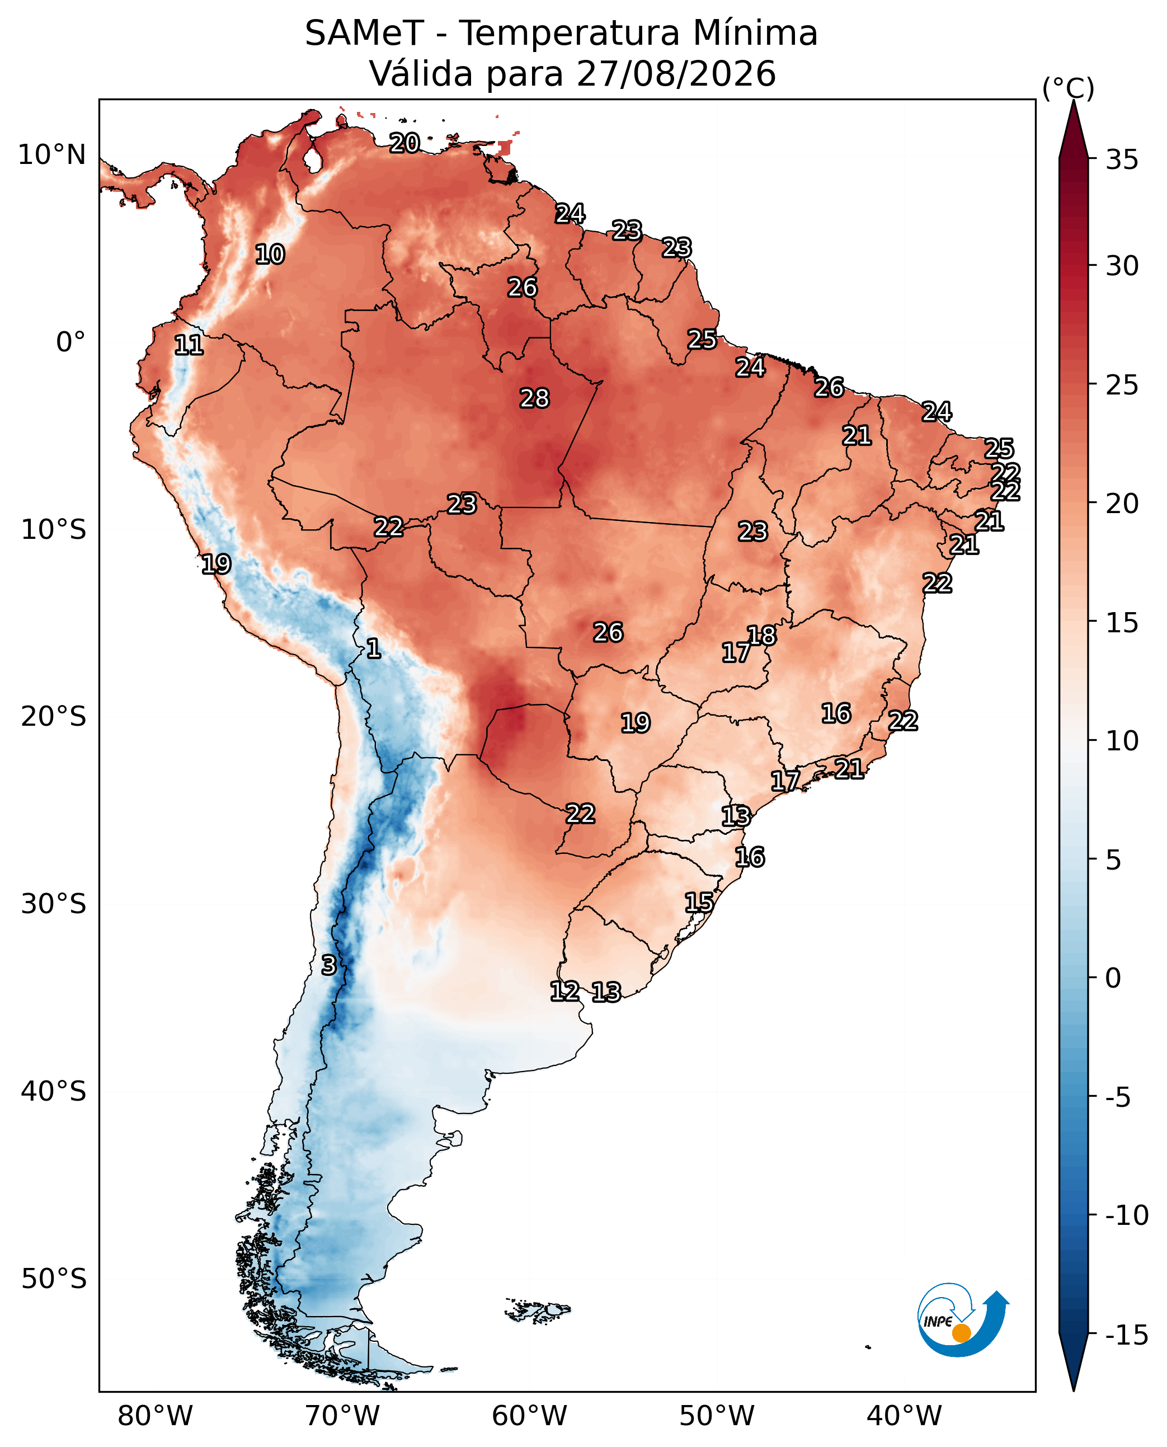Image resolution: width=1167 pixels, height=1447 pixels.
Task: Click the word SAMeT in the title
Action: click(x=364, y=33)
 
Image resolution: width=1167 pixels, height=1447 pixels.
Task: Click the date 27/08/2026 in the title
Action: click(x=676, y=73)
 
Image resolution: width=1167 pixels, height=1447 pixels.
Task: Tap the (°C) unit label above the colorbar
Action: click(x=1068, y=89)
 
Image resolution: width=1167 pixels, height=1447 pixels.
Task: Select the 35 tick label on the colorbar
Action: click(x=1122, y=160)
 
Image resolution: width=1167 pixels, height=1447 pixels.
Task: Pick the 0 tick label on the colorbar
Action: click(x=1113, y=978)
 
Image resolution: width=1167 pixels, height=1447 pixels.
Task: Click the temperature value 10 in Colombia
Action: click(x=270, y=254)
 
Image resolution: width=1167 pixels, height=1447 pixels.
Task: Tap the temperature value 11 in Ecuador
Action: click(x=189, y=345)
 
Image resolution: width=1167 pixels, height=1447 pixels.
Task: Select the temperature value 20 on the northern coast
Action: click(x=404, y=143)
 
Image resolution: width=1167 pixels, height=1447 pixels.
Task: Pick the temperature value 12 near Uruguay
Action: click(x=564, y=990)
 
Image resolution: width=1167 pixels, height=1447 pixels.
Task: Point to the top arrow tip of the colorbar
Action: click(x=1074, y=100)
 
